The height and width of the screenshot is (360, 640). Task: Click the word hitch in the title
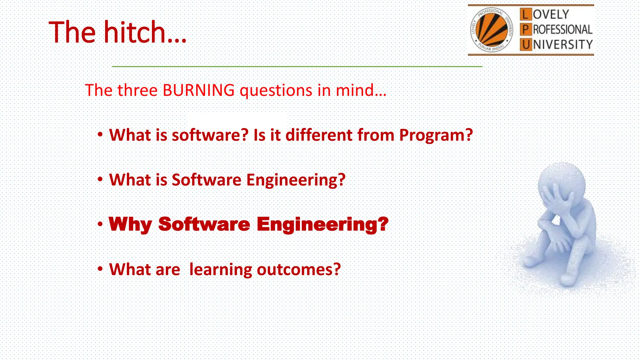[x=135, y=32]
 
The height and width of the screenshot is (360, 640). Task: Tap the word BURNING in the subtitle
[x=199, y=91]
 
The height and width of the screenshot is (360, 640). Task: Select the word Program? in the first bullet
[x=436, y=135]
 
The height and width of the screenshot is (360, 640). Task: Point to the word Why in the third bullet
[x=130, y=224]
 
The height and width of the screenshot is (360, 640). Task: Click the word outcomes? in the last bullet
[x=298, y=269]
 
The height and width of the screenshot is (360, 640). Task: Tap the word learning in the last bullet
[x=221, y=269]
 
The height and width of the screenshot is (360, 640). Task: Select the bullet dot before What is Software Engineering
[x=100, y=179]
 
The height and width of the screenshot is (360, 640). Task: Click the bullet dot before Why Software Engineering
[x=100, y=224]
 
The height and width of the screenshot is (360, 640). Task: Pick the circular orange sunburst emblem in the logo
[x=492, y=30]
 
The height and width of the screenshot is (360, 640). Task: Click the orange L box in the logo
[x=526, y=14]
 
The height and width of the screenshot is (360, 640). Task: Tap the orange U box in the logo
[x=526, y=45]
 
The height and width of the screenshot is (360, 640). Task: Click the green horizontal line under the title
[x=297, y=67]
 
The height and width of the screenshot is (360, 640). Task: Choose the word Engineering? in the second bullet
[x=296, y=180]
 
